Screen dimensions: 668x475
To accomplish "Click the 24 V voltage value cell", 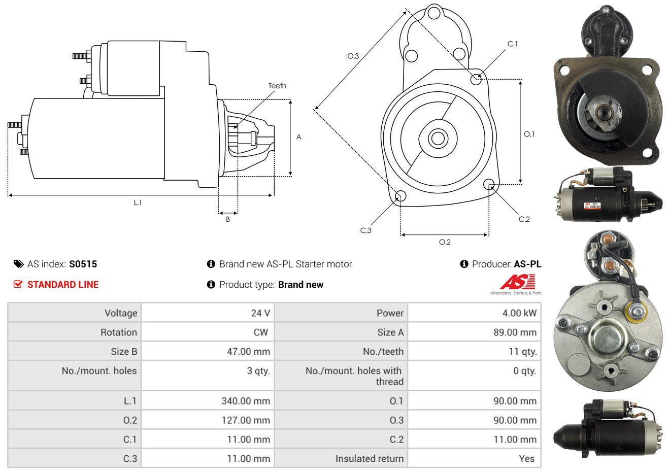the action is pyautogui.click(x=260, y=313).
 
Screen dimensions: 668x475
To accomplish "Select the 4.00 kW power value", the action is pyautogui.click(x=519, y=313).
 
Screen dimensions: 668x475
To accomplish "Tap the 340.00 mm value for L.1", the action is pyautogui.click(x=246, y=401).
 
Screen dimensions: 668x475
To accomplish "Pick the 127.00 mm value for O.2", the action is pyautogui.click(x=246, y=420).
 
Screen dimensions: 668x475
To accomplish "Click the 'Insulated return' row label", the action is pyautogui.click(x=369, y=459).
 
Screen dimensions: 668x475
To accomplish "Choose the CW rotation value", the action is pyautogui.click(x=260, y=332).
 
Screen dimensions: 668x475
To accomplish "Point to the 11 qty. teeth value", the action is pyautogui.click(x=522, y=352).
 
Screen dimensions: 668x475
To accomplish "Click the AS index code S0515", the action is pyautogui.click(x=83, y=264).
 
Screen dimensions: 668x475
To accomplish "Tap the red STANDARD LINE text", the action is pyautogui.click(x=63, y=285).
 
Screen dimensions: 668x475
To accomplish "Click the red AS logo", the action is pyautogui.click(x=517, y=282).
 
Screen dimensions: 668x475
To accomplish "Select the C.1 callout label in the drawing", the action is pyautogui.click(x=513, y=44).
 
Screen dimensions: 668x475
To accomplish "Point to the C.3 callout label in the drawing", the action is pyautogui.click(x=365, y=230).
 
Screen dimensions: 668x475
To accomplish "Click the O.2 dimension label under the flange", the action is pyautogui.click(x=445, y=242).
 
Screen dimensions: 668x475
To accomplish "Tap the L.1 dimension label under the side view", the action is pyautogui.click(x=138, y=202).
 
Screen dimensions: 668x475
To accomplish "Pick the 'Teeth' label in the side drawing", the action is pyautogui.click(x=277, y=86).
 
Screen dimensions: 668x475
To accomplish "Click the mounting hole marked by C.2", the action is pyautogui.click(x=489, y=184).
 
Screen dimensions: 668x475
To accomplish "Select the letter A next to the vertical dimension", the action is pyautogui.click(x=298, y=137).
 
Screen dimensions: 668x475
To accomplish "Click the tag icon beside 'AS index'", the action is pyautogui.click(x=18, y=264).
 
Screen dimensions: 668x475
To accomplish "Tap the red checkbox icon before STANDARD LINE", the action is pyautogui.click(x=18, y=284).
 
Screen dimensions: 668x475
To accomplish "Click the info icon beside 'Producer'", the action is pyautogui.click(x=464, y=264).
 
